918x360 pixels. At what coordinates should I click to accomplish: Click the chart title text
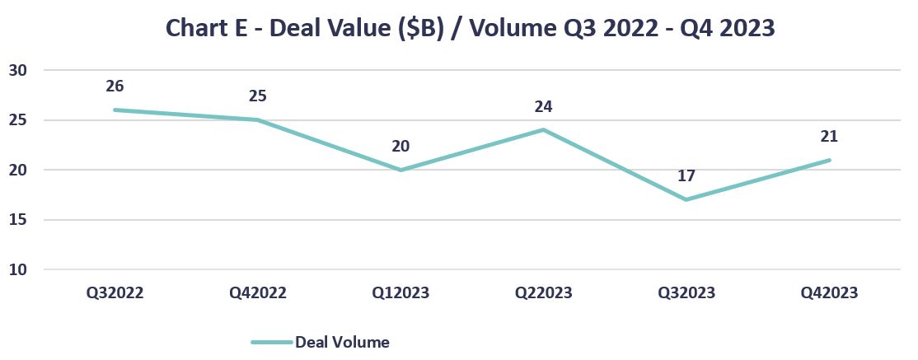tap(470, 27)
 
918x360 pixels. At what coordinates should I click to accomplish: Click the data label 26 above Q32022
tap(115, 86)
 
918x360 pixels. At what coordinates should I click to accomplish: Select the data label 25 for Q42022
tap(257, 96)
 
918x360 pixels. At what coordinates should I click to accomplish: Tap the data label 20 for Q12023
tap(400, 146)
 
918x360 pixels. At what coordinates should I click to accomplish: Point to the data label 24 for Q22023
tap(543, 106)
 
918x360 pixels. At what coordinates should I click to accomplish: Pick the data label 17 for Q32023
tap(686, 175)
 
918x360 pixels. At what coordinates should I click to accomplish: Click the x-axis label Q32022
tap(115, 292)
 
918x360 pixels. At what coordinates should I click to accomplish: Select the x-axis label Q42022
tap(257, 292)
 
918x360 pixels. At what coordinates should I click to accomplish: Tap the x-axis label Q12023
tap(400, 292)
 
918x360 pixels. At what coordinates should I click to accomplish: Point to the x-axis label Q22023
tap(543, 292)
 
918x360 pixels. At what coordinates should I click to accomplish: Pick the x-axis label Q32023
tap(686, 292)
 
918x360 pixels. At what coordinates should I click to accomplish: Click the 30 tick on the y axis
tap(18, 70)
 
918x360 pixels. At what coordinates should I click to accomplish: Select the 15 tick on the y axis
tap(18, 220)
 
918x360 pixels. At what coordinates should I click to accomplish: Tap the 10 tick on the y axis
tap(18, 269)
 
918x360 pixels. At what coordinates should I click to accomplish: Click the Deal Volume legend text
tap(342, 342)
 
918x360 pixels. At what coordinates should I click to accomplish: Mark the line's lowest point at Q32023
tap(686, 199)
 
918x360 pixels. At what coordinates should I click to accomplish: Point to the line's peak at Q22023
tap(543, 129)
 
